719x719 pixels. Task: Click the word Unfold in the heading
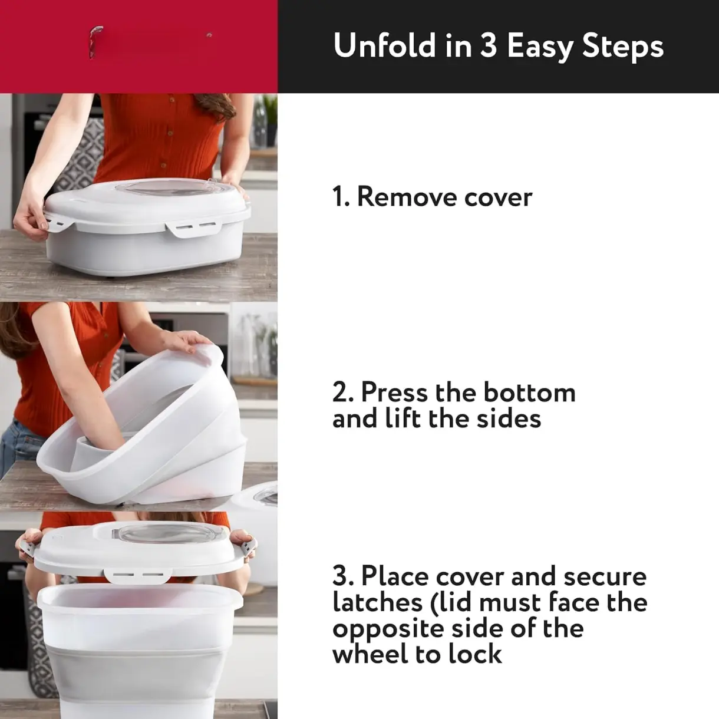[x=385, y=45]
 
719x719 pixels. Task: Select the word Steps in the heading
[x=623, y=47]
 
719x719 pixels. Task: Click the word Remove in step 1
[x=408, y=197]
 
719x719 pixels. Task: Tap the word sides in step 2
[x=509, y=418]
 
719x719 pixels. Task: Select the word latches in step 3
[x=377, y=602]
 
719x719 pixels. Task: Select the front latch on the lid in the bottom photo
[x=137, y=575]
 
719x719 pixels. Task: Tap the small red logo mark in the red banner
[x=94, y=42]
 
